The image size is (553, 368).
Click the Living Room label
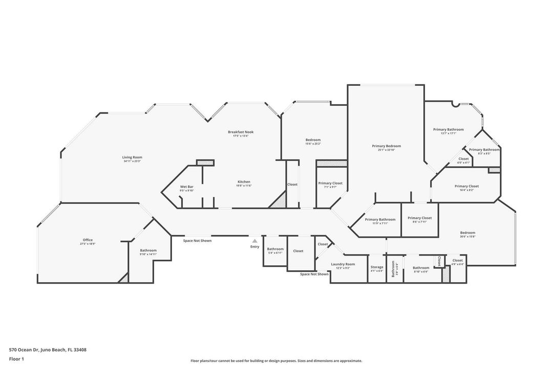pos(132,157)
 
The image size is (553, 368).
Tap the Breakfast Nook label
pos(241,132)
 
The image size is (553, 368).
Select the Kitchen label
pos(244,182)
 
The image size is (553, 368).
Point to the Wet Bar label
pos(186,187)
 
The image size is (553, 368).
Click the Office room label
pos(88,240)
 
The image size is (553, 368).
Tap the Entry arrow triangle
pos(254,240)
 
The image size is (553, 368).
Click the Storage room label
pos(377,267)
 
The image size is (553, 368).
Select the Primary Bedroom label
pos(386,146)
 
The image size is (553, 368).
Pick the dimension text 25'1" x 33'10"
pos(386,150)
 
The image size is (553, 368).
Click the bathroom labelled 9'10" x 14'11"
pos(148,250)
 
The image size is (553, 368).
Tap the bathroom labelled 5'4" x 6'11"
pos(275,249)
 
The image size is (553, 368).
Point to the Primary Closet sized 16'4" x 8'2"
pos(466,186)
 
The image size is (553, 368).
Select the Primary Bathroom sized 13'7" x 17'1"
pos(448,129)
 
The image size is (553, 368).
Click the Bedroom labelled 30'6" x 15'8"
pos(467,233)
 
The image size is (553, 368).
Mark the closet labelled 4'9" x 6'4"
pos(457,261)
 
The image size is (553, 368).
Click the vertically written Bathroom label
pos(393,268)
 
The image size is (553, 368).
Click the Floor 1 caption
pos(16,359)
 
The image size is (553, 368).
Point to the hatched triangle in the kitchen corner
pos(279,200)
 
